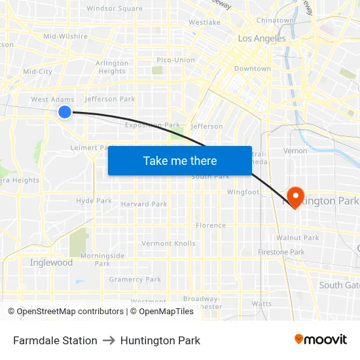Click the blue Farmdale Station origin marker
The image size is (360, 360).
coord(65,112)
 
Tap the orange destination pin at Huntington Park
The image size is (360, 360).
coord(295,196)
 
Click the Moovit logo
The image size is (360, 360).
coord(320,340)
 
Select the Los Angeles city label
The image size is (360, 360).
coord(262,39)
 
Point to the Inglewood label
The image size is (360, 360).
coord(51,262)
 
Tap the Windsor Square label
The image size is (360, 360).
coord(115,9)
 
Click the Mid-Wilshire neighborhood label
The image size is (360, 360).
coord(65,36)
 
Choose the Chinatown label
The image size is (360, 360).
coord(275,20)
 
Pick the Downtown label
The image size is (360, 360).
coord(252,68)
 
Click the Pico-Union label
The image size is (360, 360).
coord(176,60)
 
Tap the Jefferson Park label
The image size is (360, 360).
coord(110,99)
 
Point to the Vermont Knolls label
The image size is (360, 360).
coord(169,243)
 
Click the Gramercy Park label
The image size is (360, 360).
coord(135,279)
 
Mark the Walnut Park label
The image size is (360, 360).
coord(298,238)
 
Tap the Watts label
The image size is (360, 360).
coord(262,304)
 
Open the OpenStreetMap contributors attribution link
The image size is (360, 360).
coord(69,312)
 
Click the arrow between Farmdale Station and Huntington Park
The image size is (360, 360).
coord(109,340)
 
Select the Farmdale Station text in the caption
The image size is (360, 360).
coord(55,340)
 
